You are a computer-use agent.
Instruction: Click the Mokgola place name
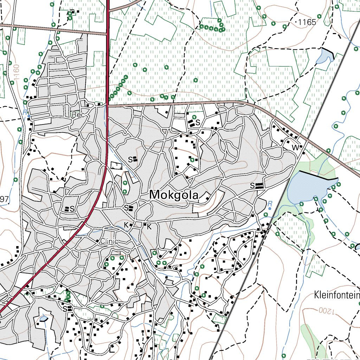click(174, 195)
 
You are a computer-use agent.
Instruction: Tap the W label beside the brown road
click(295, 148)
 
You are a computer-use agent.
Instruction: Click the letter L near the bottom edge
click(112, 350)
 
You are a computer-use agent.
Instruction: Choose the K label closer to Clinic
click(126, 225)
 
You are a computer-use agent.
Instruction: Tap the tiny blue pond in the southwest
click(43, 319)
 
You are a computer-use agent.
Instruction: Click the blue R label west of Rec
click(25, 112)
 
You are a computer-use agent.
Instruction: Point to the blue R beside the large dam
click(270, 204)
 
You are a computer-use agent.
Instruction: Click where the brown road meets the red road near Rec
click(108, 105)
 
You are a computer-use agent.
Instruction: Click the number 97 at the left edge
click(4, 199)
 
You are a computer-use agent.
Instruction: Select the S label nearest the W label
click(252, 185)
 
